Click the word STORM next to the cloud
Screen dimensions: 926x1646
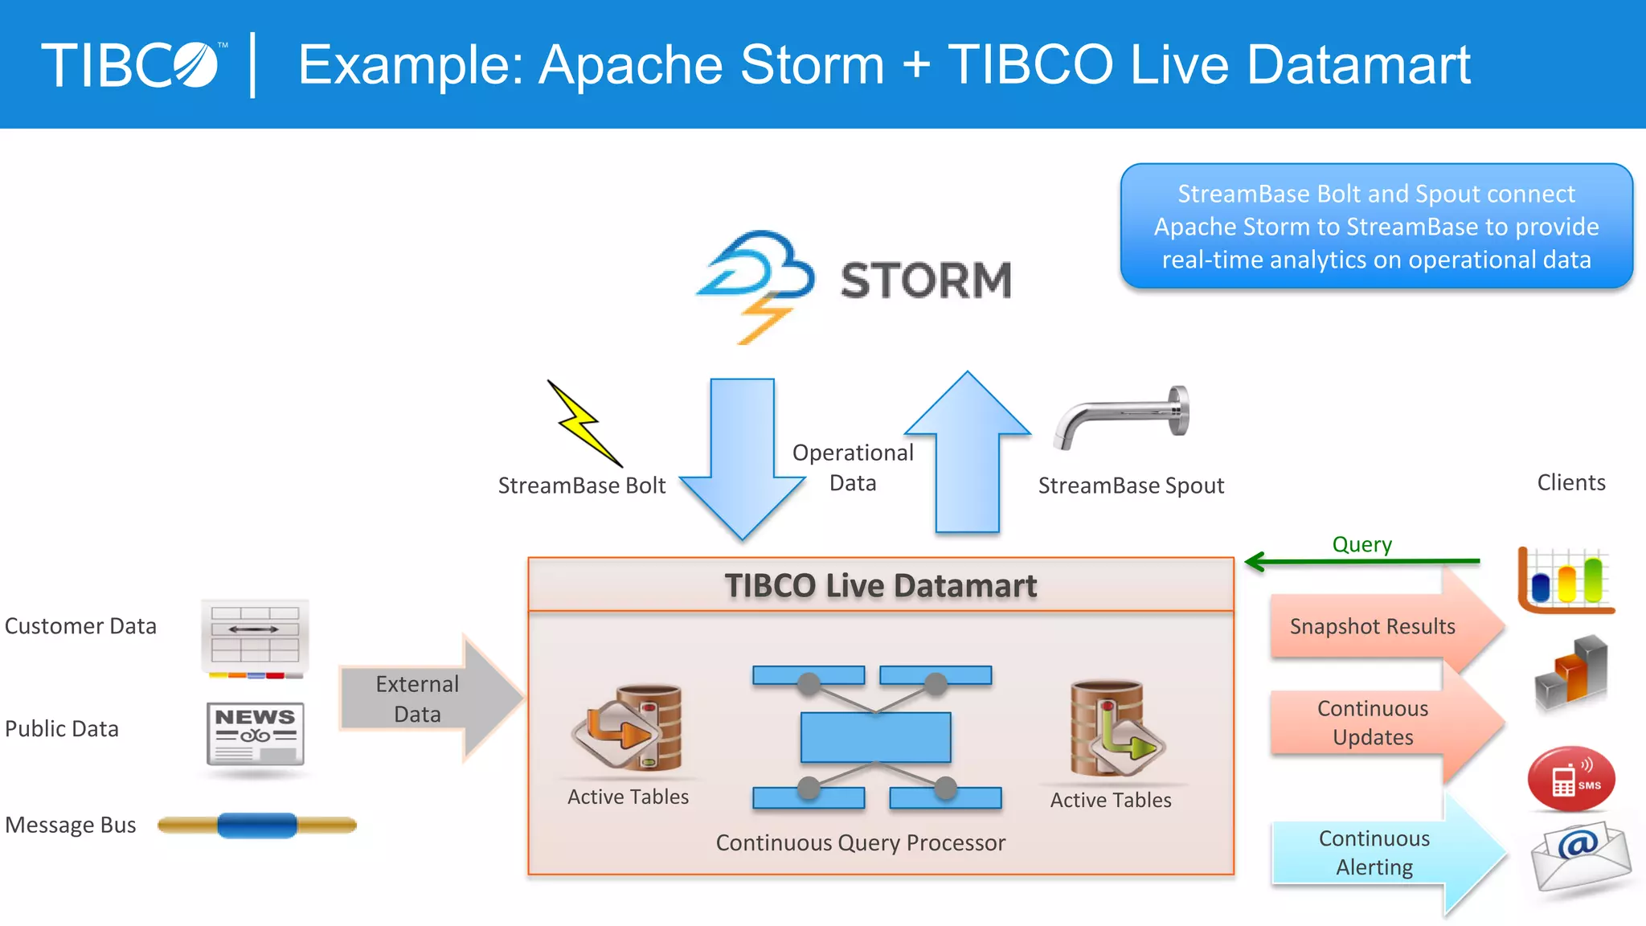tap(926, 280)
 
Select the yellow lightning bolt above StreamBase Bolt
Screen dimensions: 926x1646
tap(585, 424)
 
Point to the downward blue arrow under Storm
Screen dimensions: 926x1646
tap(742, 458)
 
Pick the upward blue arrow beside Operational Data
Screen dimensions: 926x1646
tap(968, 454)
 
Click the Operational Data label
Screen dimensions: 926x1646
tap(853, 467)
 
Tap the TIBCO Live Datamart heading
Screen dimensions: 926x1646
tap(880, 585)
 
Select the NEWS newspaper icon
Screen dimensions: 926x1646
tap(256, 734)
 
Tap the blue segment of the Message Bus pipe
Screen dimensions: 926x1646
tap(257, 825)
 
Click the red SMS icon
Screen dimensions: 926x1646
tap(1570, 779)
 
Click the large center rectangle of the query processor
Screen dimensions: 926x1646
tap(875, 737)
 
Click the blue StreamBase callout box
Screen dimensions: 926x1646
tap(1376, 227)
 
